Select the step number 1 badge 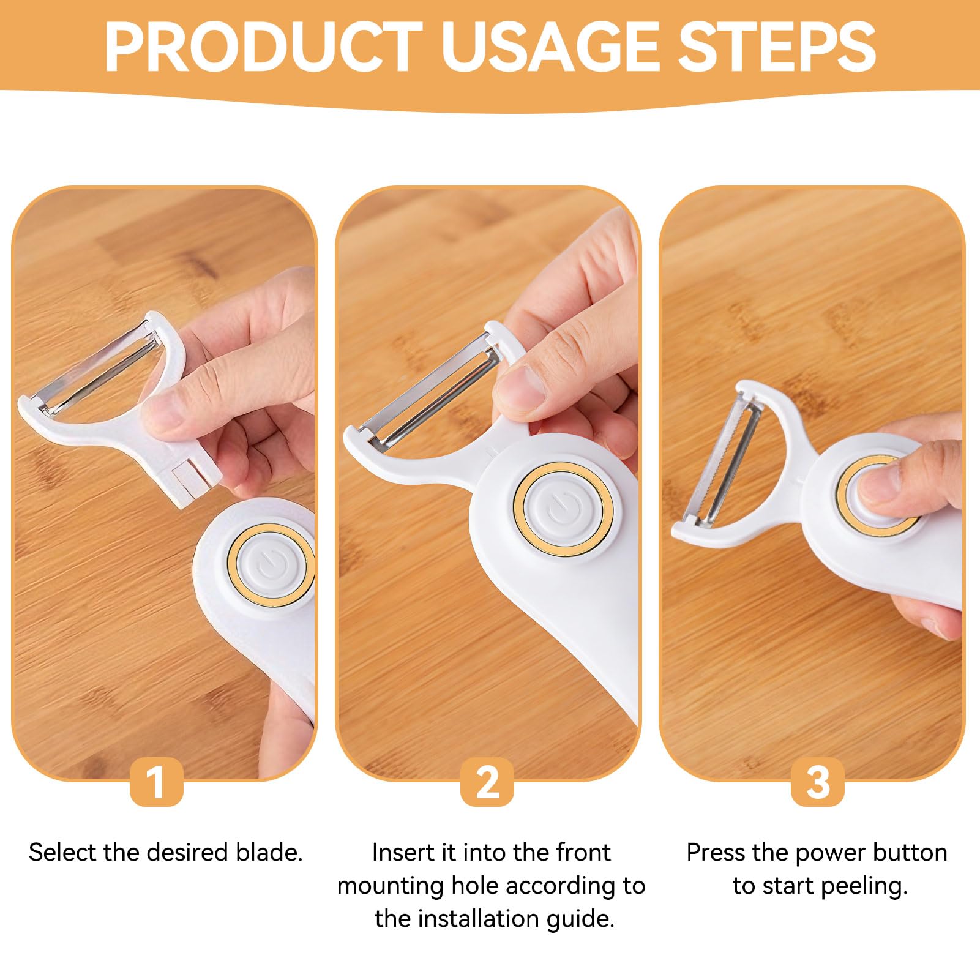(157, 782)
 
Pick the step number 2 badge (487, 782)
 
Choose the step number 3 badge (818, 782)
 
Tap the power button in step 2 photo (563, 509)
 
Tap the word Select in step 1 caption (62, 852)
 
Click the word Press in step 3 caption (717, 852)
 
